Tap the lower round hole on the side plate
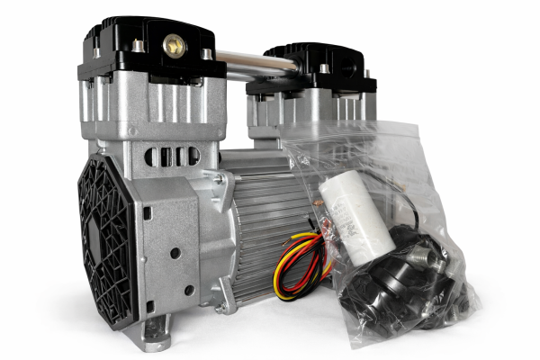(188, 290)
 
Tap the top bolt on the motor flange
(219, 181)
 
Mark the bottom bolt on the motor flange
(221, 307)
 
